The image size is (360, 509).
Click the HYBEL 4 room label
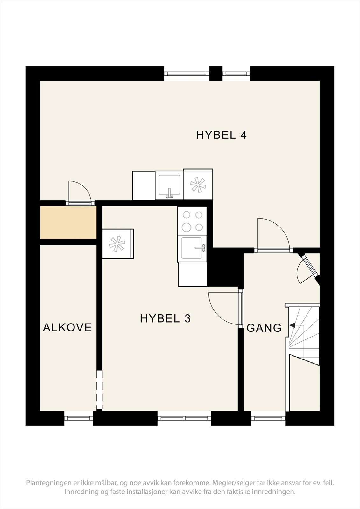tap(221, 135)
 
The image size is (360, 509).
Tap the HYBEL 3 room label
tap(165, 318)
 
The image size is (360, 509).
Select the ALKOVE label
tap(67, 327)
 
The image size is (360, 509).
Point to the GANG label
tap(264, 328)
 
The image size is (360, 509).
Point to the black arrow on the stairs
tap(292, 326)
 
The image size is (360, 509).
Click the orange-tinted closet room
tap(68, 223)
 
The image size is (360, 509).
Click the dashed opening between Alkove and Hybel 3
tap(100, 390)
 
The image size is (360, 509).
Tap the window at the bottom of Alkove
tap(79, 418)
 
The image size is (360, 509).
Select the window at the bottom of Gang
tap(268, 418)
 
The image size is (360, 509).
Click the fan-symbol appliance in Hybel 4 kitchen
tap(198, 185)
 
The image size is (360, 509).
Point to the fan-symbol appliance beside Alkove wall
tap(117, 244)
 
